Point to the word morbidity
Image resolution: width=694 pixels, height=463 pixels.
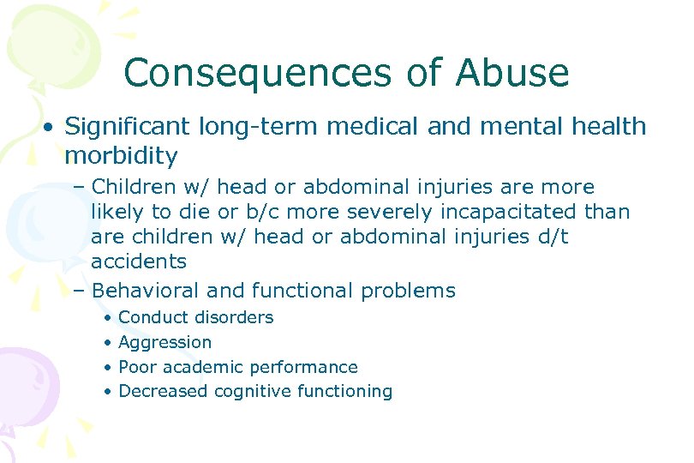(x=121, y=157)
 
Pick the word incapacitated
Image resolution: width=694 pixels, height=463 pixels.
(x=506, y=211)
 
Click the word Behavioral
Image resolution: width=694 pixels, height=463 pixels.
(x=151, y=291)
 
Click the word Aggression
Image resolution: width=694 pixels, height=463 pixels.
(x=165, y=342)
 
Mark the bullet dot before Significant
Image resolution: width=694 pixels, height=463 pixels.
(x=51, y=128)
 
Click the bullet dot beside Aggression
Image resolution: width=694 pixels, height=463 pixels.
(x=106, y=343)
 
